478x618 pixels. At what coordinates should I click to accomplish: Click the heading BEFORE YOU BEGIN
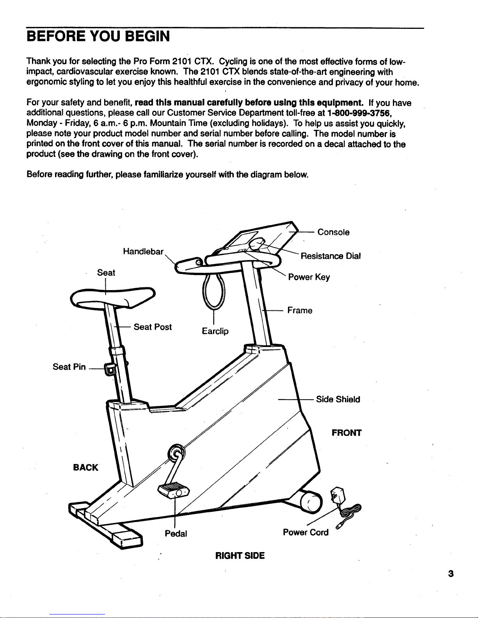pyautogui.click(x=98, y=36)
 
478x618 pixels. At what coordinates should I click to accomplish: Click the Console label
pyautogui.click(x=334, y=232)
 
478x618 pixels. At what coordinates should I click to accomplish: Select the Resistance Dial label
pyautogui.click(x=331, y=256)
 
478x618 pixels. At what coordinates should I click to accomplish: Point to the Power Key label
pyautogui.click(x=309, y=277)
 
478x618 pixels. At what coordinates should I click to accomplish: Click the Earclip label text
pyautogui.click(x=215, y=331)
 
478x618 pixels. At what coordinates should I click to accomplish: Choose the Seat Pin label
pyautogui.click(x=69, y=367)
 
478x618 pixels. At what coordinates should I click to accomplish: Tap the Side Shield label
pyautogui.click(x=338, y=400)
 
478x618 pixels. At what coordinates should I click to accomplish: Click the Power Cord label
pyautogui.click(x=306, y=532)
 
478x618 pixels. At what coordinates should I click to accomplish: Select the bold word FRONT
pyautogui.click(x=347, y=433)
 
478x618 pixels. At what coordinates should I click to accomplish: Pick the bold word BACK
pyautogui.click(x=85, y=467)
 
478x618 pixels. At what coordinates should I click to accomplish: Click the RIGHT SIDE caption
pyautogui.click(x=240, y=556)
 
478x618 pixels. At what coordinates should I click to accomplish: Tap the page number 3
pyautogui.click(x=451, y=574)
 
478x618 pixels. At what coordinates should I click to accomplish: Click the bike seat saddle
pyautogui.click(x=113, y=297)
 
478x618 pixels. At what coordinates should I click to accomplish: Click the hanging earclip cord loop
pyautogui.click(x=214, y=293)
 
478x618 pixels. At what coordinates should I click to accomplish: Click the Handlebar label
pyautogui.click(x=143, y=252)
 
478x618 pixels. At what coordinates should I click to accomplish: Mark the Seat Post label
pyautogui.click(x=153, y=327)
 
